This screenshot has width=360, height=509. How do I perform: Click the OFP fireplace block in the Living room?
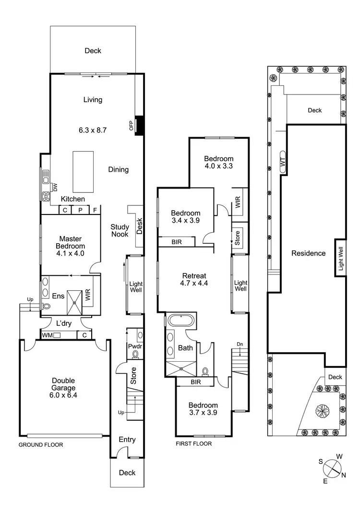[x=140, y=126]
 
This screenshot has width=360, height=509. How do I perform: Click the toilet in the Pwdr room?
[x=135, y=355]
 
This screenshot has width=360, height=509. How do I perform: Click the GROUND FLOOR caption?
[x=41, y=445]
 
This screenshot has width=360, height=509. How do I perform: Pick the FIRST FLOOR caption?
[x=194, y=444]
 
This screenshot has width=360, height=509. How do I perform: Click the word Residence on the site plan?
[x=309, y=253]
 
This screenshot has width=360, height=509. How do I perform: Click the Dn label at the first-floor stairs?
[x=240, y=343]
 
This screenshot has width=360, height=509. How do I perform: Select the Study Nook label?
[x=120, y=231]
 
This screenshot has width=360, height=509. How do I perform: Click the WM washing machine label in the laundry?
[x=47, y=335]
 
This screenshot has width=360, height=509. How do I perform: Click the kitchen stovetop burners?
[x=47, y=196]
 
